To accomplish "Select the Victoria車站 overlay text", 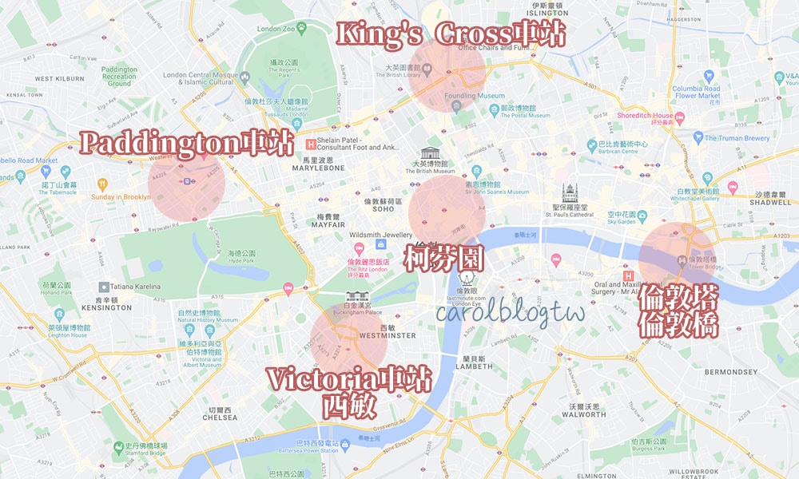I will (x=348, y=379).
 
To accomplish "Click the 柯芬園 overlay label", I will (x=443, y=259).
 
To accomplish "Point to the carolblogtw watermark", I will (x=511, y=312).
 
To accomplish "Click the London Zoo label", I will (x=276, y=30).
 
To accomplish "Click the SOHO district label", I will (x=383, y=210).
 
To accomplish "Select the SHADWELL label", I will (x=771, y=203).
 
